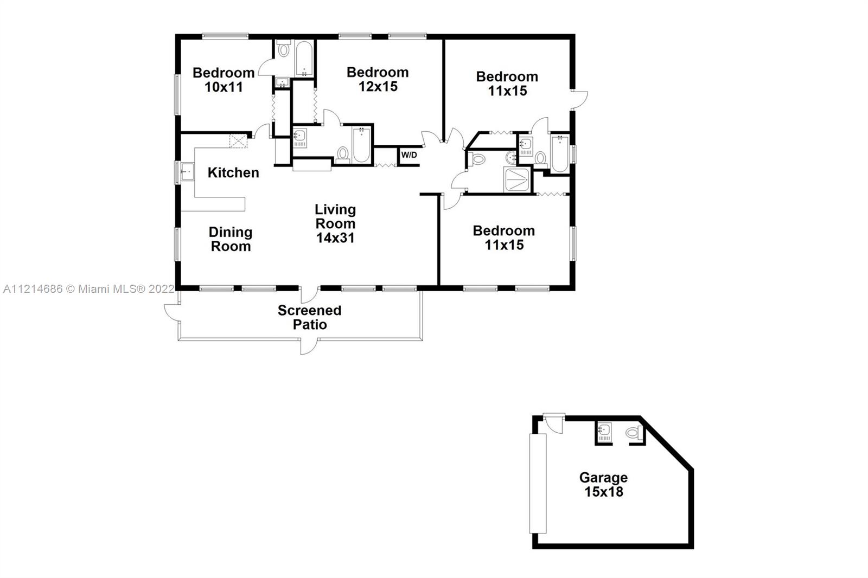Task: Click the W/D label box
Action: pos(409,156)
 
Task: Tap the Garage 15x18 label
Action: pos(603,484)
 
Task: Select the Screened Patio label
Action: pos(310,317)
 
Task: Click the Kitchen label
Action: pos(233,172)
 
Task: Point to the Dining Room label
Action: pos(231,239)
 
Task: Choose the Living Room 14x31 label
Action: pos(335,223)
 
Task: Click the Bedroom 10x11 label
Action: pos(224,80)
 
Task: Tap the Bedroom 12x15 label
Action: pos(378,79)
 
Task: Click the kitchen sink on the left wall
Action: pos(188,172)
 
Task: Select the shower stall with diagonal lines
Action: pos(516,180)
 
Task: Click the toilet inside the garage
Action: pos(634,432)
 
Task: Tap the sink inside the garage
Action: pos(604,432)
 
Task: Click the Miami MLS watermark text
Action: pos(89,289)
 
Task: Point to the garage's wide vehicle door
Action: pos(538,484)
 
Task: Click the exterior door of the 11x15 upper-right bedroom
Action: pos(579,100)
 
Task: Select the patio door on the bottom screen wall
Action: pos(309,346)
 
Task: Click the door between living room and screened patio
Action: pos(309,294)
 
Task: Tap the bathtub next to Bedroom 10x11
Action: pos(304,59)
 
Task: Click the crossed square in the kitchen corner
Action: pos(238,141)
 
